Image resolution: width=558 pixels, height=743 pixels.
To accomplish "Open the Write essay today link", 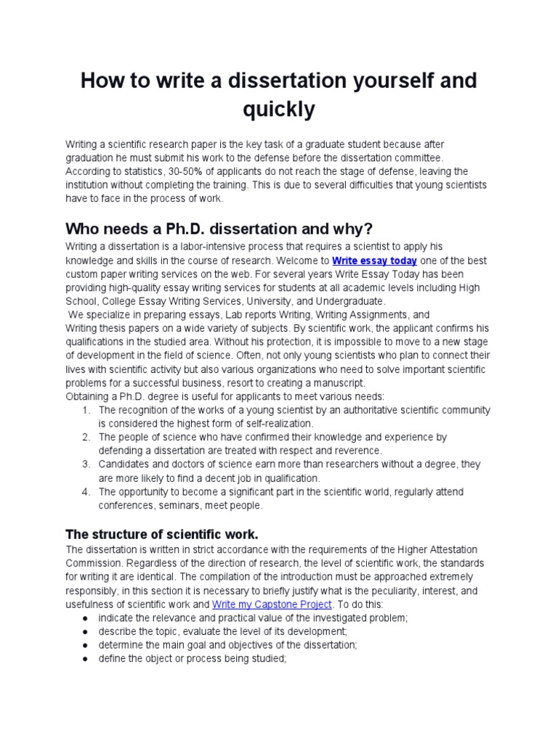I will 374,260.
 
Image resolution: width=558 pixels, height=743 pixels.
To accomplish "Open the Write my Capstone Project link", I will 272,604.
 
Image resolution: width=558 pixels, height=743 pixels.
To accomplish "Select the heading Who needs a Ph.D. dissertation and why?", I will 219,229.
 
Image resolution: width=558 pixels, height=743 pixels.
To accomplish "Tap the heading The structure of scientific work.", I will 162,534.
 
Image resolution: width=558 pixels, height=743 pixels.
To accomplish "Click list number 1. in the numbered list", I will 86,410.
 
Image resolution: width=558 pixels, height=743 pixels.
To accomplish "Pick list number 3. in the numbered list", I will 86,464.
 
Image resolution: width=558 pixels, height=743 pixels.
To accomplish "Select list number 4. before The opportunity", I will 86,492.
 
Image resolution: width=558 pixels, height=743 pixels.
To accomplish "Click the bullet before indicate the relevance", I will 86,617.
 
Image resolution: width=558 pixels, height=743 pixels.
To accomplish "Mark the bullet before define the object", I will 86,658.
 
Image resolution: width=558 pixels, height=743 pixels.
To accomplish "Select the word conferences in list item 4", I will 126,505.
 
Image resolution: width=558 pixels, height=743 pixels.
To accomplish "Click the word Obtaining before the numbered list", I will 89,396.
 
